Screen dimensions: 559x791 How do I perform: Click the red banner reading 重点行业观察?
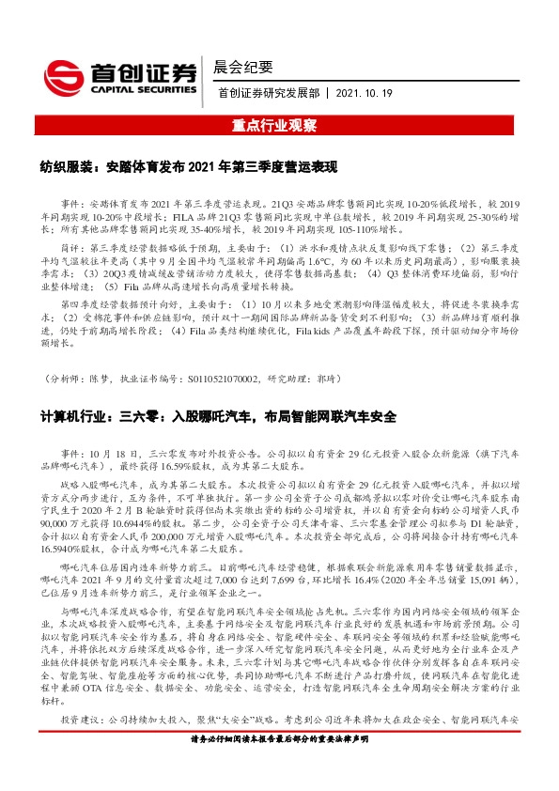pyautogui.click(x=279, y=125)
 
